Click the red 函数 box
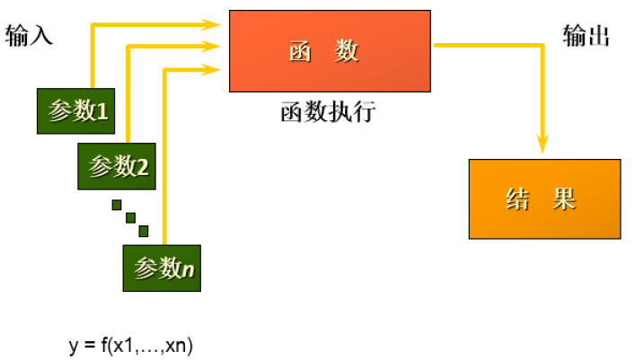click(x=330, y=51)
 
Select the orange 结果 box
click(x=544, y=198)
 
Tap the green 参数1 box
click(x=76, y=111)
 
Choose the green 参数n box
click(x=162, y=268)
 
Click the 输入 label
click(x=30, y=36)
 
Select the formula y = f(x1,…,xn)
click(x=131, y=345)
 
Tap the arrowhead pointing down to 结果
click(x=542, y=144)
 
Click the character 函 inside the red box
click(x=300, y=52)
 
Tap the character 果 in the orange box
click(x=565, y=198)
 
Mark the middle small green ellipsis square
click(x=130, y=217)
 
